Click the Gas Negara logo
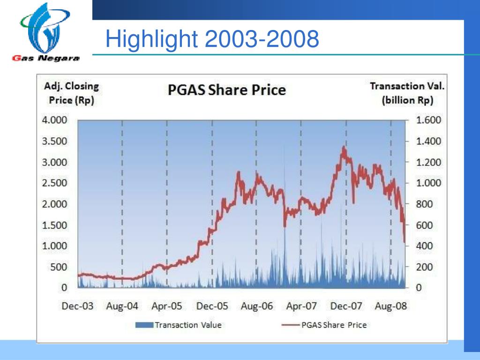click(x=45, y=33)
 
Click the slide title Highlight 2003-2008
click(x=212, y=39)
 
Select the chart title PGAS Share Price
click(x=227, y=90)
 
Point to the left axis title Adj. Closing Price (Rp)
click(x=71, y=93)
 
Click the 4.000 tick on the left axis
click(x=55, y=120)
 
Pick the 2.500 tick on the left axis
click(x=55, y=183)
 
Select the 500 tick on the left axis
click(x=59, y=267)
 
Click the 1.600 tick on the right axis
click(x=428, y=120)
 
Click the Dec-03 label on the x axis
click(x=77, y=307)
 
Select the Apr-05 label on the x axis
click(x=166, y=307)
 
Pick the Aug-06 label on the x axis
click(x=256, y=307)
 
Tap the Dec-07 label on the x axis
click(x=346, y=307)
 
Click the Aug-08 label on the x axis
click(x=391, y=307)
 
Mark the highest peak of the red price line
click(x=344, y=147)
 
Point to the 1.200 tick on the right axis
click(x=428, y=162)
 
